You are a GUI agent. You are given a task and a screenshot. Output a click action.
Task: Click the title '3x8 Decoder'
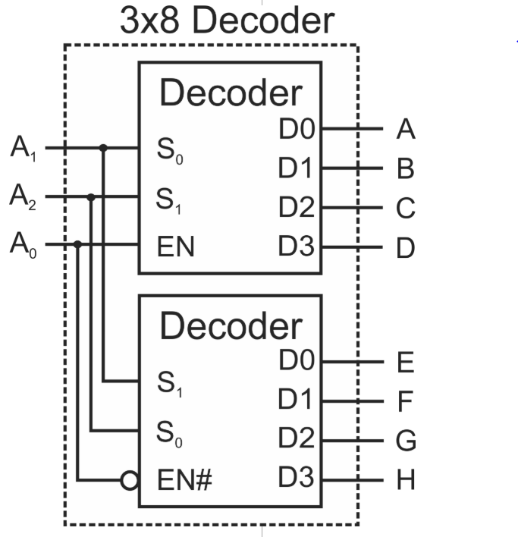pyautogui.click(x=226, y=21)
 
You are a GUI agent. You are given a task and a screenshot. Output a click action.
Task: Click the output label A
pyautogui.click(x=406, y=130)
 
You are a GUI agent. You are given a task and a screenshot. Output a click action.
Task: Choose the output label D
pyautogui.click(x=406, y=248)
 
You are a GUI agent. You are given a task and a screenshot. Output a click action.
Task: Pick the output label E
pyautogui.click(x=405, y=363)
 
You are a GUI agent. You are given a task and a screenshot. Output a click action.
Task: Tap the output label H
pyautogui.click(x=406, y=481)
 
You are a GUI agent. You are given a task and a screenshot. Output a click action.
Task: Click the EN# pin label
pyautogui.click(x=186, y=480)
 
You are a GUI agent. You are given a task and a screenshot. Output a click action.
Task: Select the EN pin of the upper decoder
pyautogui.click(x=176, y=247)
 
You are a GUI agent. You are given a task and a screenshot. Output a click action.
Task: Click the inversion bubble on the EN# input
pyautogui.click(x=130, y=480)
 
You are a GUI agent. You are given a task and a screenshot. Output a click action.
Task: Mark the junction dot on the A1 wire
pyautogui.click(x=103, y=148)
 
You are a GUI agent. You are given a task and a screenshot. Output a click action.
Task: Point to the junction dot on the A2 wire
pyautogui.click(x=91, y=197)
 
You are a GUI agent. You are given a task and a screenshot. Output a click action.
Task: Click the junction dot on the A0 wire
pyautogui.click(x=78, y=245)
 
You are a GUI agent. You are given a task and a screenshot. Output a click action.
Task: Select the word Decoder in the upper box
pyautogui.click(x=231, y=93)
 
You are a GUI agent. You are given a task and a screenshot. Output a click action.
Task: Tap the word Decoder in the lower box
pyautogui.click(x=231, y=326)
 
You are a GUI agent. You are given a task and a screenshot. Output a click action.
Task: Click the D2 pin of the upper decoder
pyautogui.click(x=296, y=207)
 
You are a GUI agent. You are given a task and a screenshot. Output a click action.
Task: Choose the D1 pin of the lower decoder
pyautogui.click(x=296, y=400)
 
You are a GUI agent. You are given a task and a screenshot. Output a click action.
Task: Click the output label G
pyautogui.click(x=406, y=441)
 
